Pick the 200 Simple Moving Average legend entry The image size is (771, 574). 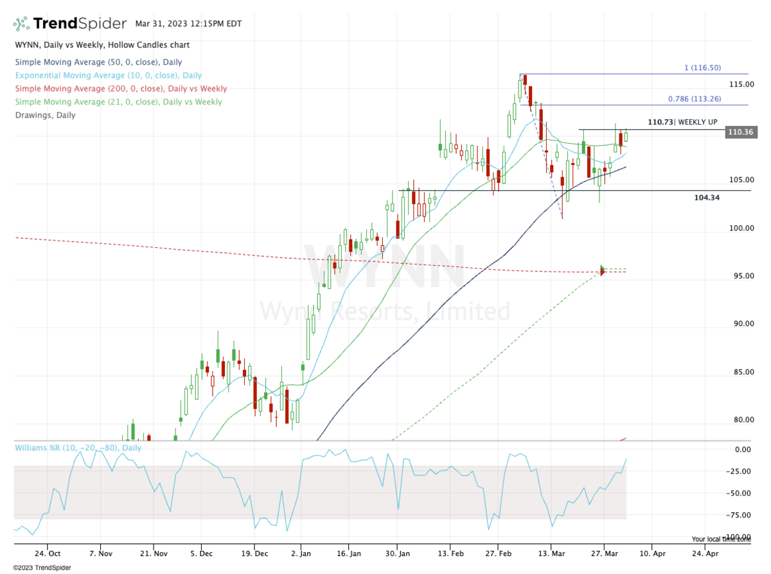pos(120,89)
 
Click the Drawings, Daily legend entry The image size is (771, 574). pos(44,115)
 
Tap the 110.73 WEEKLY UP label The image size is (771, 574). pos(682,122)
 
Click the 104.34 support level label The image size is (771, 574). pos(707,198)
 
